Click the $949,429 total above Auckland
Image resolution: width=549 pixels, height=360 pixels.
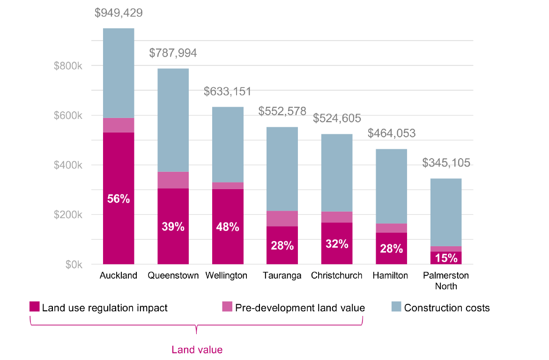[x=119, y=13]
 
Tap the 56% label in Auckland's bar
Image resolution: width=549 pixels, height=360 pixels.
[x=119, y=198]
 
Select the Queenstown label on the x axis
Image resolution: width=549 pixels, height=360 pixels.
[x=173, y=275]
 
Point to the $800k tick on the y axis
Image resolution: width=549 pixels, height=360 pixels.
[x=68, y=66]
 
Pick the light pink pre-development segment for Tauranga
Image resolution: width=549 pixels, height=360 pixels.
[x=282, y=219]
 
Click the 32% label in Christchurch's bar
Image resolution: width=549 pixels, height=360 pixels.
[x=337, y=244]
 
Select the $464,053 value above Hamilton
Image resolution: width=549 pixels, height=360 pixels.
[x=392, y=133]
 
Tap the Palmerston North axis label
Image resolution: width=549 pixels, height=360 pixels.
[x=446, y=280]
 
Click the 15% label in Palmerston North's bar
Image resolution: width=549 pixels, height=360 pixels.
[x=446, y=257]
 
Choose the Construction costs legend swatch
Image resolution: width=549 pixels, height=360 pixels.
[x=396, y=307]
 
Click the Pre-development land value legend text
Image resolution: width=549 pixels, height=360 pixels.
[x=300, y=308]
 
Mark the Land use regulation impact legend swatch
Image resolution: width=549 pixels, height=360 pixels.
[x=35, y=307]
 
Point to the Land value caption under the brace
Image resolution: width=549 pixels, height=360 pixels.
[x=197, y=349]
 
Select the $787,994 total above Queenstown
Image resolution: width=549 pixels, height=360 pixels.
[x=173, y=53]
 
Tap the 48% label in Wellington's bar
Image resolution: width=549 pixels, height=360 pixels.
[x=228, y=227]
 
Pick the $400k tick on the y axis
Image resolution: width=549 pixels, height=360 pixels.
[x=68, y=165]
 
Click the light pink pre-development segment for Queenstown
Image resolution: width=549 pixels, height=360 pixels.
[x=173, y=180]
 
